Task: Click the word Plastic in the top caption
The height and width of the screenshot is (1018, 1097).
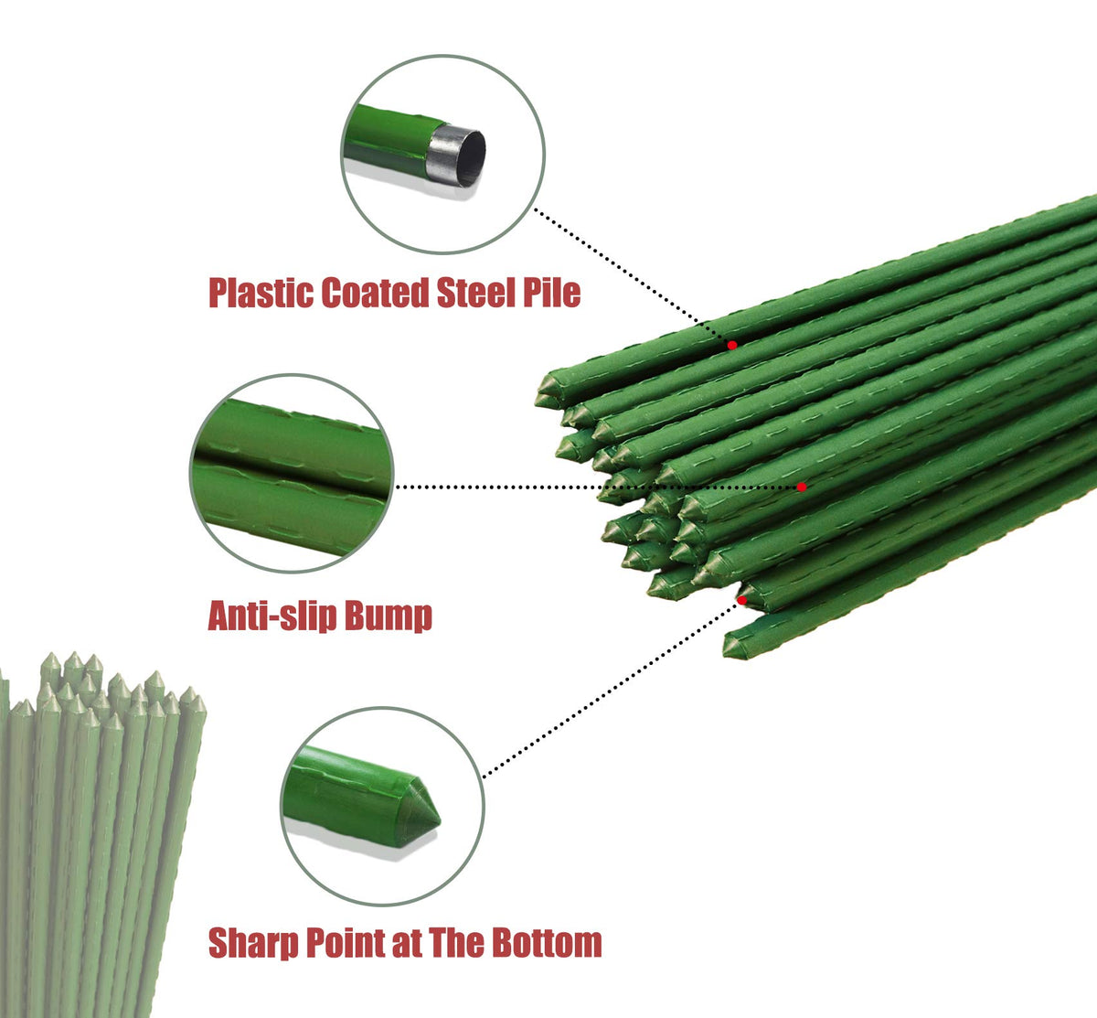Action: click(261, 293)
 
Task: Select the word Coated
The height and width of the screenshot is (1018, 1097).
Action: click(375, 293)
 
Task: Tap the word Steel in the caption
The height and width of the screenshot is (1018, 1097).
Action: click(475, 293)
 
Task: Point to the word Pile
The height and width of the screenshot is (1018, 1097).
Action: click(551, 293)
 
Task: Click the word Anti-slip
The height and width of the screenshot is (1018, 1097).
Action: click(272, 616)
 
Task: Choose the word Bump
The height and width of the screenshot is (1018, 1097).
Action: click(389, 616)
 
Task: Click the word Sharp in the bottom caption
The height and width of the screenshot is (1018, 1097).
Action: click(253, 944)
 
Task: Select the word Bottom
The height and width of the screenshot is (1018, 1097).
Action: click(547, 943)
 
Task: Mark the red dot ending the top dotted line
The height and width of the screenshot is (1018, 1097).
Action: click(732, 345)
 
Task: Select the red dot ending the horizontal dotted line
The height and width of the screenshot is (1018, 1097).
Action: click(802, 487)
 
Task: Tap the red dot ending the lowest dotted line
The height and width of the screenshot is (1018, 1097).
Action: click(741, 601)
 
